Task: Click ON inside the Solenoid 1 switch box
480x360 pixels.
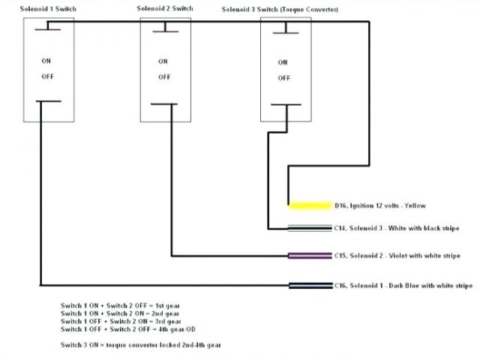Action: tap(46, 61)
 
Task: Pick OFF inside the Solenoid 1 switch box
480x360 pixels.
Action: tap(46, 76)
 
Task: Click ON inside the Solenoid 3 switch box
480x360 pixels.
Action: tap(283, 62)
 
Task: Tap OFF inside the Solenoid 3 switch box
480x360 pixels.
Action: tap(283, 77)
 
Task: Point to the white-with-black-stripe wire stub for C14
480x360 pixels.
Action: tap(310, 227)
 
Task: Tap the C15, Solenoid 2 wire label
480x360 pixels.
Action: tap(397, 256)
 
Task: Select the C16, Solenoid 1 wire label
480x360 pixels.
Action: tap(403, 285)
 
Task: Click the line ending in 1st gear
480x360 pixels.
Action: tap(120, 306)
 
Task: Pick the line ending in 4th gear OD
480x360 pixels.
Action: tap(124, 328)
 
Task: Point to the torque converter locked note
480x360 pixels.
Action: tap(140, 344)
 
